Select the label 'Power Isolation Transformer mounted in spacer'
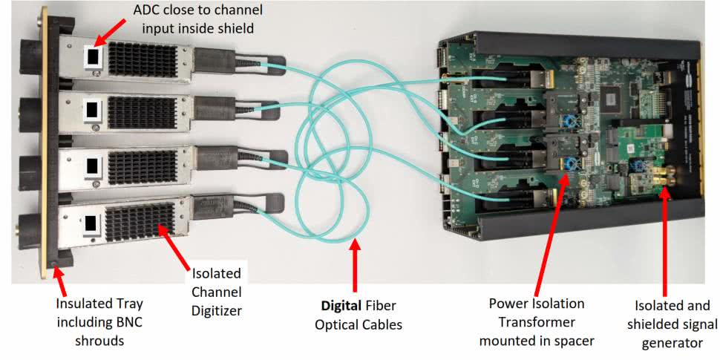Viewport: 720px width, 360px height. [537, 322]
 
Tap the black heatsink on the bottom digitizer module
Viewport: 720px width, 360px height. [140, 222]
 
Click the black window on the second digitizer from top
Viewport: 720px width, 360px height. [92, 110]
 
